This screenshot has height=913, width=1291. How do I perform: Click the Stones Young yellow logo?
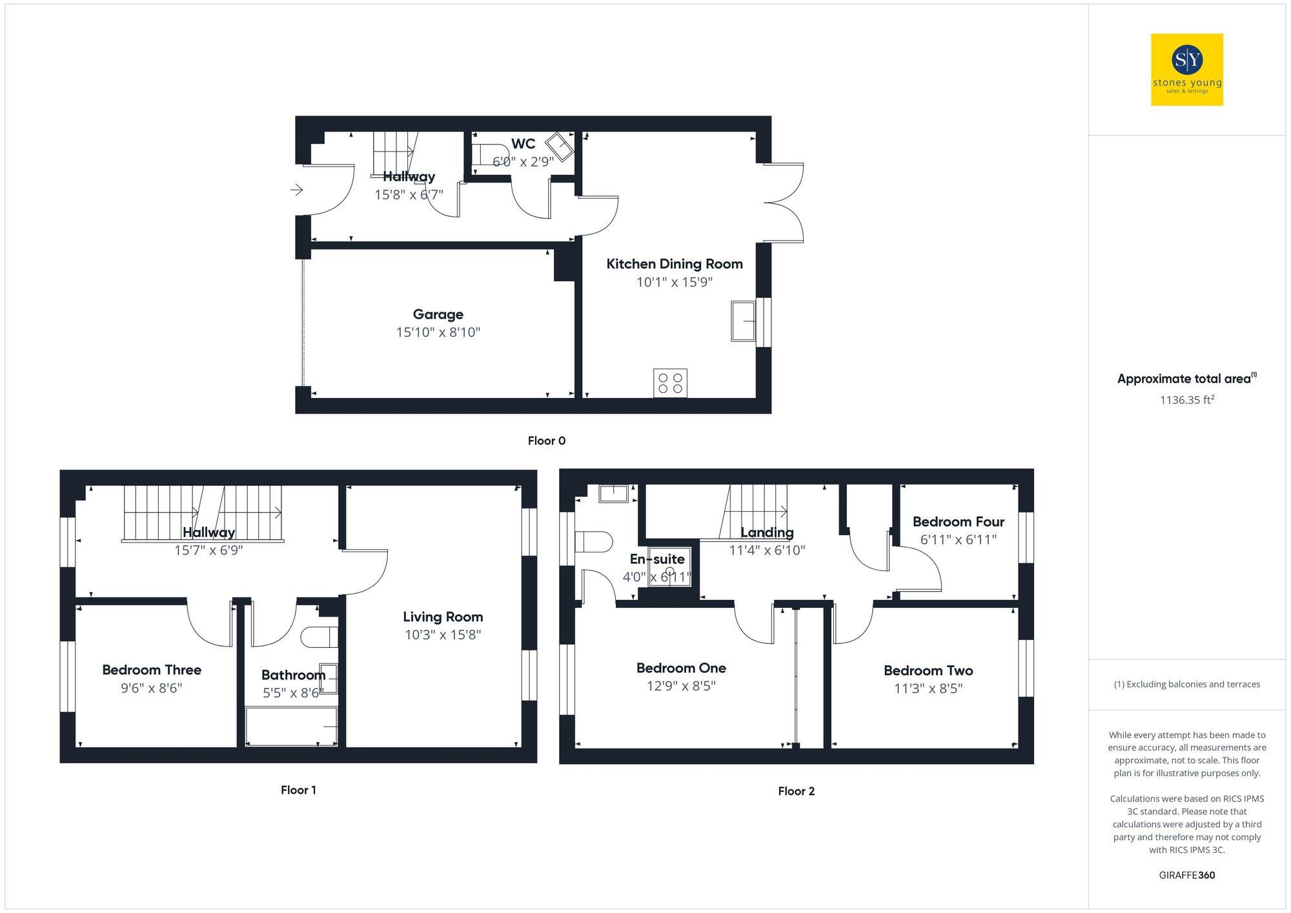1186,70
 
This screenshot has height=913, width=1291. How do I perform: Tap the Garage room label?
438,314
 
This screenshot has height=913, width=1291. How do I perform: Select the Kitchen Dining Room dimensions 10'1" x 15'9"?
674,282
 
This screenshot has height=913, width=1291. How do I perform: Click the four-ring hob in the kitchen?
670,383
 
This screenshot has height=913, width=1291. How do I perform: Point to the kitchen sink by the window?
743,321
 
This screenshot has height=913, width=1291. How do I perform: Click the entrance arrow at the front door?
296,190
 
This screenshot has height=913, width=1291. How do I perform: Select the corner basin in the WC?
559,146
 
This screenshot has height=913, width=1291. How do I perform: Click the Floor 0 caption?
546,441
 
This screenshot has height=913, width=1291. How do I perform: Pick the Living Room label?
442,617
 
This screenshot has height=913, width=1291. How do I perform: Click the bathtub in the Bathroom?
291,727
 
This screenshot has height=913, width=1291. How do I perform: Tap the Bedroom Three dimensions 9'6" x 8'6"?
152,688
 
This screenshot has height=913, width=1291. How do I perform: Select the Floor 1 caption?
298,790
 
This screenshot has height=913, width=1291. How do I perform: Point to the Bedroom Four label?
958,521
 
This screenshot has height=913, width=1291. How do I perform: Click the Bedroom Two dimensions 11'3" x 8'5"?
928,688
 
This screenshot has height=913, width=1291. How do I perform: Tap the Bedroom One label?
680,668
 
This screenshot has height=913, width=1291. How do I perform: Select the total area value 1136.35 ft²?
1186,400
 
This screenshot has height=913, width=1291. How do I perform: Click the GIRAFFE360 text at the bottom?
1186,875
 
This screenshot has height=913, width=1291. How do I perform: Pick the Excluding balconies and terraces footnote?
1186,684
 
